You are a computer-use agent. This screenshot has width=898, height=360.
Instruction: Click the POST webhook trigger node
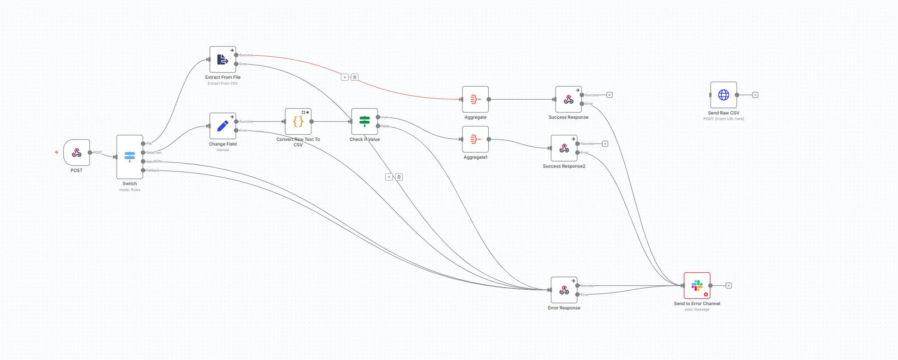[77, 152]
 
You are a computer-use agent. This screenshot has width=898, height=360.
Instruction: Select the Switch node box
[130, 157]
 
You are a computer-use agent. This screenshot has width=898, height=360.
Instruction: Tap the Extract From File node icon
[223, 60]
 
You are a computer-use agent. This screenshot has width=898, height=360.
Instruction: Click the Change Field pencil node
[223, 126]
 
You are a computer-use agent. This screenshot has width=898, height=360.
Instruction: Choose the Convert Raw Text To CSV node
[298, 122]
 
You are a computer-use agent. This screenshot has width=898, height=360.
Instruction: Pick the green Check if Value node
[365, 122]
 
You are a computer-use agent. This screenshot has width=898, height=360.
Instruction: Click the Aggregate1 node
[475, 139]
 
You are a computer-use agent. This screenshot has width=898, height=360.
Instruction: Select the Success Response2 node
[564, 148]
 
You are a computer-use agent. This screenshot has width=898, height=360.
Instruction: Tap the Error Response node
[564, 290]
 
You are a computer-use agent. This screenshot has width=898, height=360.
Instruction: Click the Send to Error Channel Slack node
[697, 286]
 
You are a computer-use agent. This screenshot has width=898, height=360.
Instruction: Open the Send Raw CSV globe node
[724, 95]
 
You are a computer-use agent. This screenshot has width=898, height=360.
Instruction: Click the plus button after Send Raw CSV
[755, 95]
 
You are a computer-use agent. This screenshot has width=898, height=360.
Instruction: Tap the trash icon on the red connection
[355, 77]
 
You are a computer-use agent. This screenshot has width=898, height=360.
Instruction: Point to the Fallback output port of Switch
[143, 170]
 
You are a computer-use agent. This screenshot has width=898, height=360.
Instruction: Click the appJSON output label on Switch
[154, 162]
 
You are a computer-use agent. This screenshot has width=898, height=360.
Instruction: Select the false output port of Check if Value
[378, 126]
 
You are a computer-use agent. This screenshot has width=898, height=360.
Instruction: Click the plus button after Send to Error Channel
[729, 286]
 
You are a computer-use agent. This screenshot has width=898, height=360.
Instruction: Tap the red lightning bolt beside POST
[57, 152]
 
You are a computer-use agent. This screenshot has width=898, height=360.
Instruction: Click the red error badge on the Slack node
[706, 294]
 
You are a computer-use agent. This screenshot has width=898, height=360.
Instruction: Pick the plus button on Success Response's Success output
[610, 95]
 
